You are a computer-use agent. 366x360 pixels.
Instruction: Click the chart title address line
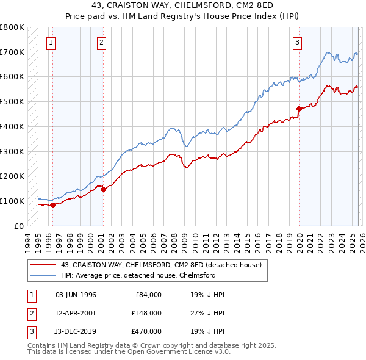(182, 5)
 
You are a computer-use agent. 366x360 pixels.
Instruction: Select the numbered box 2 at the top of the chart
(101, 42)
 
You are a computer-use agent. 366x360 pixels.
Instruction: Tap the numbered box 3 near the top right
(297, 42)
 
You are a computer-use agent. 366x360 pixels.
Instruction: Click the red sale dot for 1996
(52, 205)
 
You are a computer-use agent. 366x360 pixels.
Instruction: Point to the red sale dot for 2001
(103, 189)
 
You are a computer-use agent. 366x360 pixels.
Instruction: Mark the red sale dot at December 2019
(299, 109)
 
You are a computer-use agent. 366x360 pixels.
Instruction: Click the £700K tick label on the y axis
(12, 52)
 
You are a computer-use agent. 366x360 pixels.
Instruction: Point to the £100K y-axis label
(12, 201)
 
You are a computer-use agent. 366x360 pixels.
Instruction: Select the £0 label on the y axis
(19, 226)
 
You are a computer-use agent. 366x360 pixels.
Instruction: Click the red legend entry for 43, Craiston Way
(161, 265)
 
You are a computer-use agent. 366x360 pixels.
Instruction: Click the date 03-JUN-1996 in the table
(76, 295)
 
